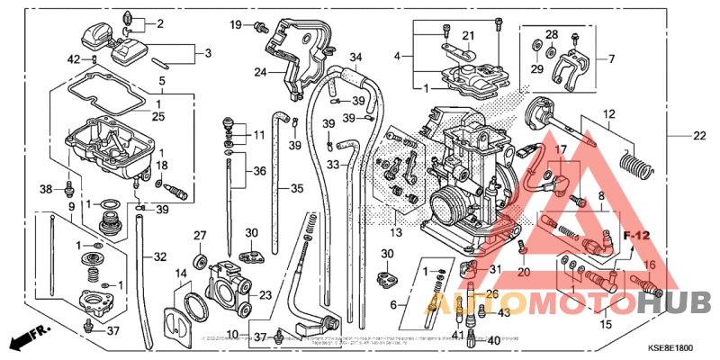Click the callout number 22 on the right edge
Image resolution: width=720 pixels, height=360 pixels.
pos(699,136)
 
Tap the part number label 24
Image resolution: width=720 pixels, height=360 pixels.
pos(260,71)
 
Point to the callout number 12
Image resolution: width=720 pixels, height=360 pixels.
pos(608,114)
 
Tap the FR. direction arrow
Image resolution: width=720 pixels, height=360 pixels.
pos(28,339)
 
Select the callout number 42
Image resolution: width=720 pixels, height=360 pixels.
pos(74,59)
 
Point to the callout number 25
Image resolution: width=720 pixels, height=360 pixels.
pos(158,117)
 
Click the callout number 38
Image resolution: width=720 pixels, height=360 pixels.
pos(47,189)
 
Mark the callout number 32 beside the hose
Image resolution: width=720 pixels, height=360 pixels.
pos(159,256)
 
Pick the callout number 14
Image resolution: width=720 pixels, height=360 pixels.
pos(180,273)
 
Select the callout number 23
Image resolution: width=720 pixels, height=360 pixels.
pos(265,294)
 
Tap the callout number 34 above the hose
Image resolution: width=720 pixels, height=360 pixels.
pos(355,56)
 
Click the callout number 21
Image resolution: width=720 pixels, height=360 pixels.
pos(468,35)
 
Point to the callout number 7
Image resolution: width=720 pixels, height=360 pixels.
pos(611,59)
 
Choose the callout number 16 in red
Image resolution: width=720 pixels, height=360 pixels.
pos(648,265)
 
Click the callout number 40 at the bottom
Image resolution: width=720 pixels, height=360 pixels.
pos(492,341)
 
